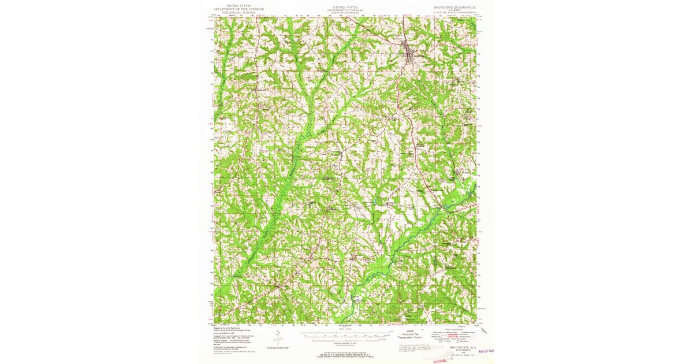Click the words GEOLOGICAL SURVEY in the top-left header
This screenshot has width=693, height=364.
point(237,12)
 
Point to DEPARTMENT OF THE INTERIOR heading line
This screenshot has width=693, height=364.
point(237,9)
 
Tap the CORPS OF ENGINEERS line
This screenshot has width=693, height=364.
point(345,12)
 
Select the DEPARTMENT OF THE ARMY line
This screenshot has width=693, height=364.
point(345,10)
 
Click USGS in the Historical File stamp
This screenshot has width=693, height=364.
point(410,331)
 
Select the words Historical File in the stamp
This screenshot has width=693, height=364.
point(410,334)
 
